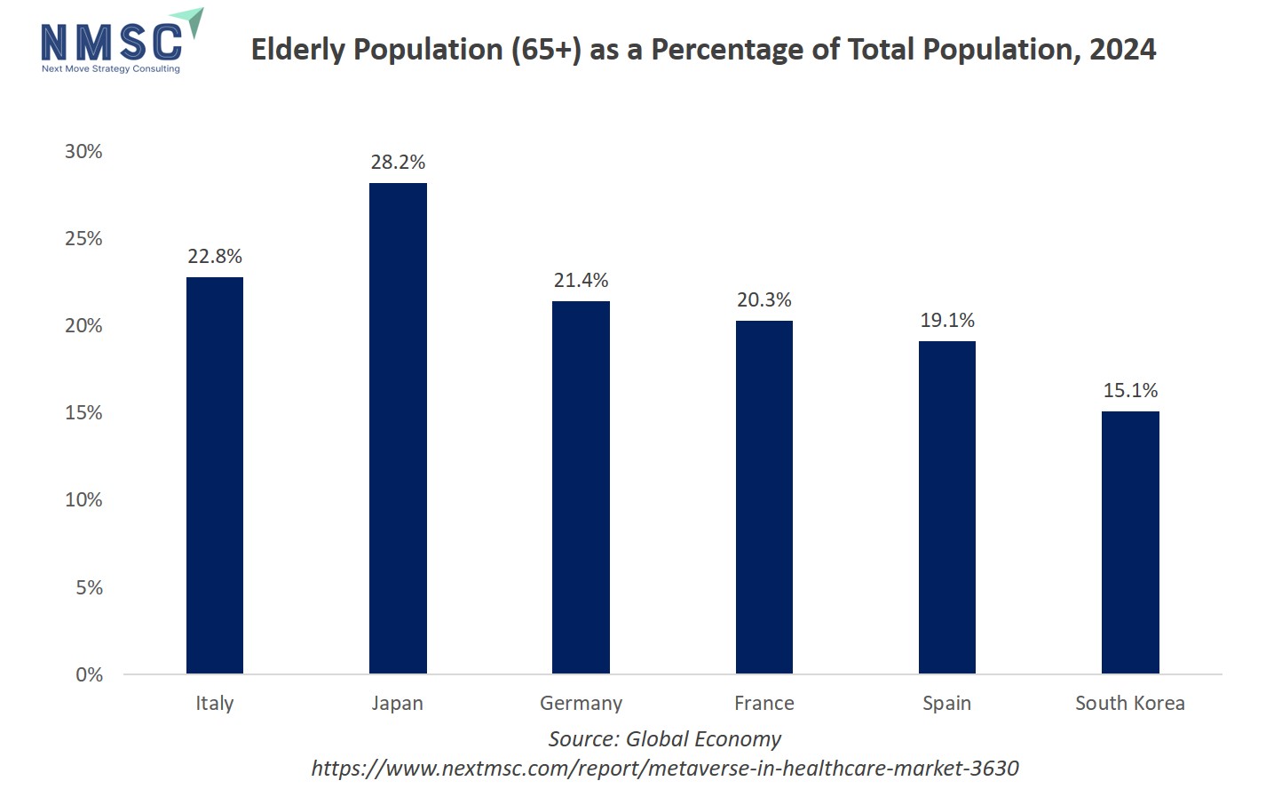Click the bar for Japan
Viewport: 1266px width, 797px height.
coord(398,428)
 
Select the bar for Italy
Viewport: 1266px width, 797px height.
coord(215,475)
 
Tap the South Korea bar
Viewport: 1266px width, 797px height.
coord(1130,542)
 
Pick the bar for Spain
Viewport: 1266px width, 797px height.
coord(947,507)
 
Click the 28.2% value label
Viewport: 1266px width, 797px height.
coord(398,162)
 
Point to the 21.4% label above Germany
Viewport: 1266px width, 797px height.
coord(581,280)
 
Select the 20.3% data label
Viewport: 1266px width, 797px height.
coord(764,299)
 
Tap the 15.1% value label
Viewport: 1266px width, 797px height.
coord(1130,390)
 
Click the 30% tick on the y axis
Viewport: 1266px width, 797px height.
coord(83,151)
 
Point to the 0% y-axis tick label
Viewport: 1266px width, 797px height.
coord(89,674)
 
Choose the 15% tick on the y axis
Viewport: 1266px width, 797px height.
coord(83,412)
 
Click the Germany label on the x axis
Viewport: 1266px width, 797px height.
coord(581,703)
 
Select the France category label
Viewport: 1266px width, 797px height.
coord(764,703)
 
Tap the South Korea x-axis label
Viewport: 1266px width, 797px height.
coord(1130,703)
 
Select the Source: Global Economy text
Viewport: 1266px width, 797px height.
coord(664,738)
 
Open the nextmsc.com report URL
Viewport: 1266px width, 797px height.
coord(664,768)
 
